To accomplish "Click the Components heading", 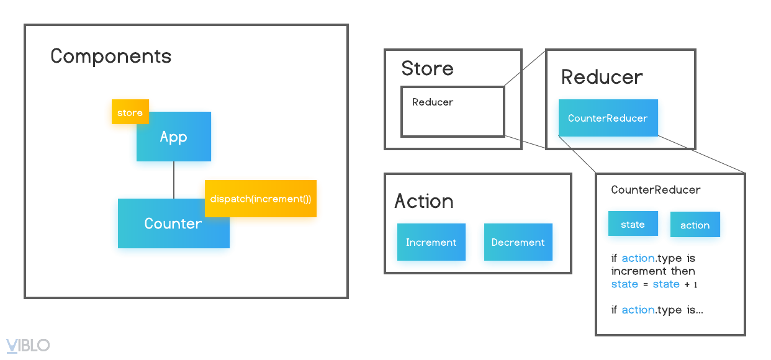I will [110, 56].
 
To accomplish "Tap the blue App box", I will [173, 138].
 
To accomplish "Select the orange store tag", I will [130, 113].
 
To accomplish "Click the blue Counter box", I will [164, 224].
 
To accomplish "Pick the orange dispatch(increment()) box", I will [261, 199].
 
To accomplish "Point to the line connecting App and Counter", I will [174, 180].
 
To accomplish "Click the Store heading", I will [427, 69].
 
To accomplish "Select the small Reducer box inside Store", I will [452, 112].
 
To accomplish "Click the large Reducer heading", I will [602, 77].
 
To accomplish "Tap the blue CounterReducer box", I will [608, 119].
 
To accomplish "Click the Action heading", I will [423, 201].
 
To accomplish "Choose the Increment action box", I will [431, 243].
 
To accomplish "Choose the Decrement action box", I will [518, 243].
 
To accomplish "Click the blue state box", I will [633, 225].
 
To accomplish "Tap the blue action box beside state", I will [695, 226].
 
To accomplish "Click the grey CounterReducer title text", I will [656, 190].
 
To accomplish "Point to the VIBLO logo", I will [28, 346].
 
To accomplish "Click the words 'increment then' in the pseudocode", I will [653, 271].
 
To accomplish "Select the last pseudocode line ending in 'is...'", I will [657, 310].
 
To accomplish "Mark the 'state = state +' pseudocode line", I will [654, 284].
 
